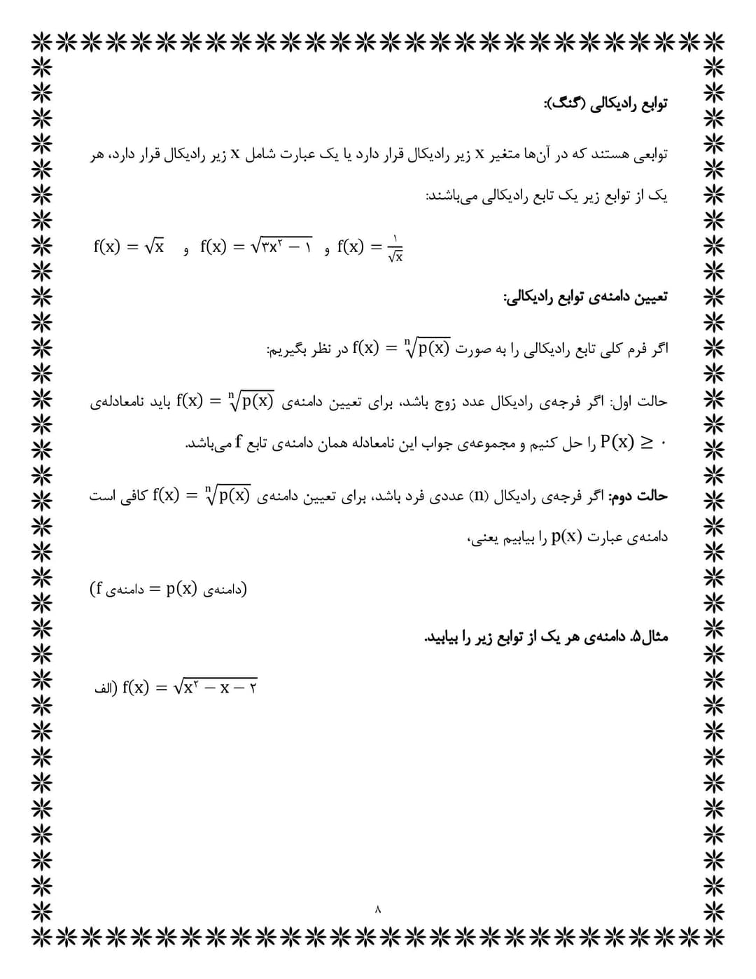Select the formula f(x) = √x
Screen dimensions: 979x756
coord(129,247)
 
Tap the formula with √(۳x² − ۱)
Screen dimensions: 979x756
coord(256,247)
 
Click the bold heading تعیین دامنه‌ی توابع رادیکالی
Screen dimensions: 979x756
coord(585,297)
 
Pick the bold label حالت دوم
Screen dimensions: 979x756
coord(638,497)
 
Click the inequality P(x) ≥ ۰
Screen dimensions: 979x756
coord(634,443)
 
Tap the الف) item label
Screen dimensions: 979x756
coord(104,688)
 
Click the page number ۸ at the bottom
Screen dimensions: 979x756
coord(378,910)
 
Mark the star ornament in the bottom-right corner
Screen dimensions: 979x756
coord(714,936)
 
